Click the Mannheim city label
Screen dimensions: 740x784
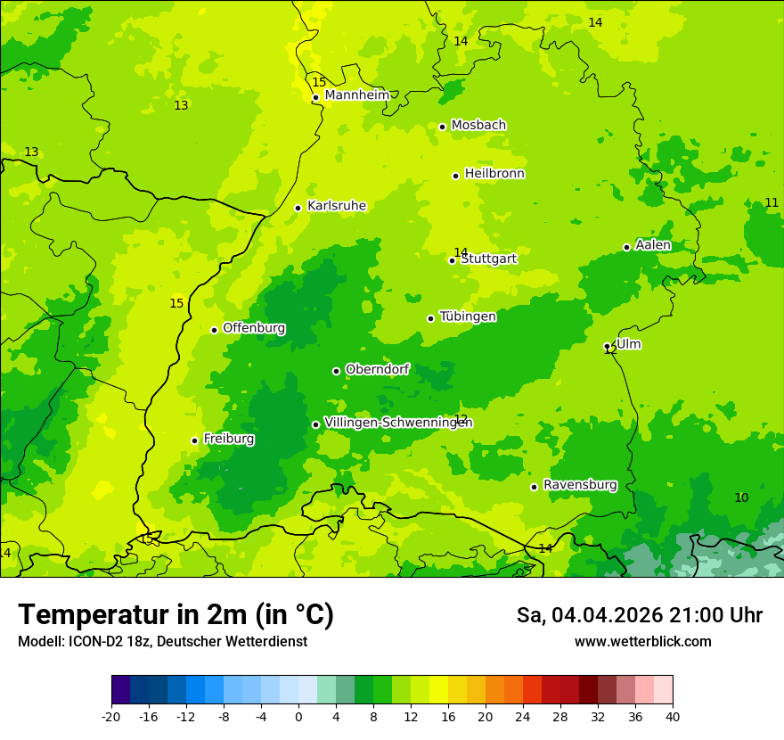coord(357,95)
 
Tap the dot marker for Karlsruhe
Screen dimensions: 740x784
coord(298,208)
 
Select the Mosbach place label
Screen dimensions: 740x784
coord(478,126)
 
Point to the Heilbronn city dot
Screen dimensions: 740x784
coord(455,176)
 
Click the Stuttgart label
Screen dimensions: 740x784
coord(488,259)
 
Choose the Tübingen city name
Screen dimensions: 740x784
coord(468,317)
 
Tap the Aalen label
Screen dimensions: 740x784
coord(653,245)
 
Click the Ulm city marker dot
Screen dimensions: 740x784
coord(608,346)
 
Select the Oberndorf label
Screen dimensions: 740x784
coord(378,369)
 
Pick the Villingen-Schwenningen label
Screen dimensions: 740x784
coord(398,423)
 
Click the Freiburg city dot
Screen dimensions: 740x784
coord(194,440)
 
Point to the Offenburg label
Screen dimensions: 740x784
coord(254,328)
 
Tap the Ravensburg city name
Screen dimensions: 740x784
coord(580,485)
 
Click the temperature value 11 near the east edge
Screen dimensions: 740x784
coord(772,203)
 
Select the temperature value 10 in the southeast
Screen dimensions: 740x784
coord(741,497)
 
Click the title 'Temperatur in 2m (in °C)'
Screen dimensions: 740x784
coord(176,614)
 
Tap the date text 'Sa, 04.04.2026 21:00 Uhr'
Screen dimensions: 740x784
coord(639,615)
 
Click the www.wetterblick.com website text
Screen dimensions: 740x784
coord(642,641)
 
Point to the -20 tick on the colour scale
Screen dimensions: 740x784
coord(111,716)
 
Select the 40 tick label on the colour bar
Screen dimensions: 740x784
coord(673,716)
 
